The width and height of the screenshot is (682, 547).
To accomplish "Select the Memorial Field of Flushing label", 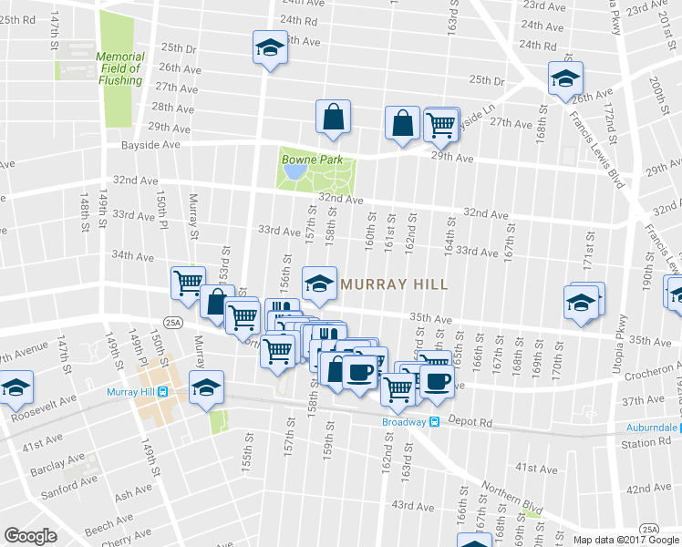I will tap(119, 68).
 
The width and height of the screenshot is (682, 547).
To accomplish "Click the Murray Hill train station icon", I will tap(162, 392).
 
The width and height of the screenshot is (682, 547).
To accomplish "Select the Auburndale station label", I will tap(652, 427).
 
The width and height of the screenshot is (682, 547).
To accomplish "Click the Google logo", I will tap(31, 535).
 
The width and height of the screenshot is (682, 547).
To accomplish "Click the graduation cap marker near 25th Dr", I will tap(270, 47).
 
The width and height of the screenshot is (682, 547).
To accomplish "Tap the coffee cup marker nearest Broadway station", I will tap(436, 380).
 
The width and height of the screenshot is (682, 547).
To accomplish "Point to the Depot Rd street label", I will tap(473, 423).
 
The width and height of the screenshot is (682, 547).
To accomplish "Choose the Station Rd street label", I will tap(646, 443).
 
